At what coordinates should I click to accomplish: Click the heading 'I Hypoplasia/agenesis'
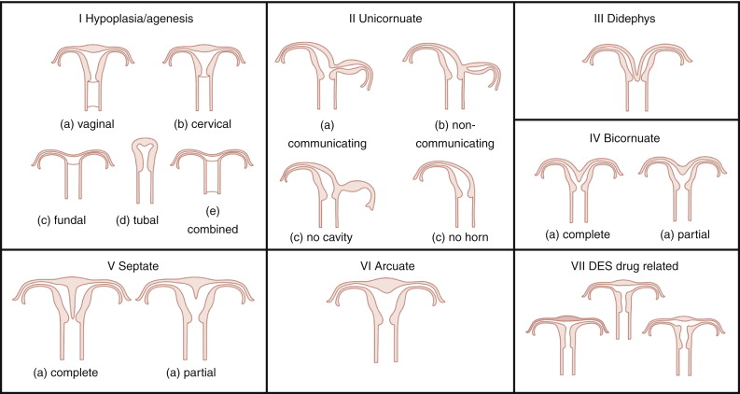click(x=133, y=19)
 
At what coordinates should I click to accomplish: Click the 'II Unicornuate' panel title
click(x=387, y=19)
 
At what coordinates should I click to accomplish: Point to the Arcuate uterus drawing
click(x=387, y=308)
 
